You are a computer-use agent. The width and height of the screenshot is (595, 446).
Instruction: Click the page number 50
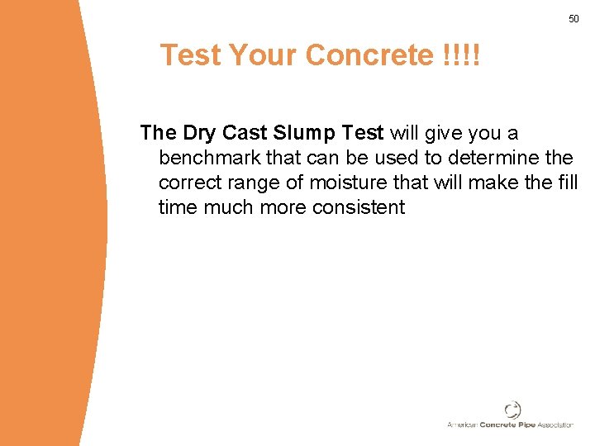tap(574, 18)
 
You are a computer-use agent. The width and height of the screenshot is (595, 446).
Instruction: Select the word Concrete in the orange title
tap(369, 55)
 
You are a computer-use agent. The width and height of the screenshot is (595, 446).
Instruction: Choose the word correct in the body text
tap(188, 183)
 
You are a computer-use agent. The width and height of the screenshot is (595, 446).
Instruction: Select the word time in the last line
tap(178, 207)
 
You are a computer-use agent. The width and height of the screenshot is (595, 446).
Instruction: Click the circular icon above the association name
tap(512, 410)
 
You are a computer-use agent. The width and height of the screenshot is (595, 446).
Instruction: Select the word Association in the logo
tap(554, 425)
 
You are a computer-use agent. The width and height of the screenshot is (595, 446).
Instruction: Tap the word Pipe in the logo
tap(524, 425)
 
